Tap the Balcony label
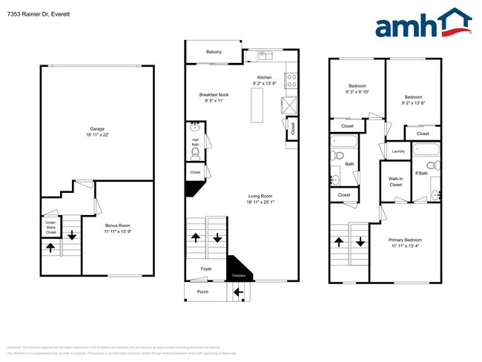coord(214,51)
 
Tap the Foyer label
coord(207,269)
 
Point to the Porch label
coord(202,292)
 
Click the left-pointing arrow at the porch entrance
coord(238,292)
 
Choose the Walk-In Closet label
coord(395,182)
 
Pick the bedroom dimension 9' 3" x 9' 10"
coord(357,93)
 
